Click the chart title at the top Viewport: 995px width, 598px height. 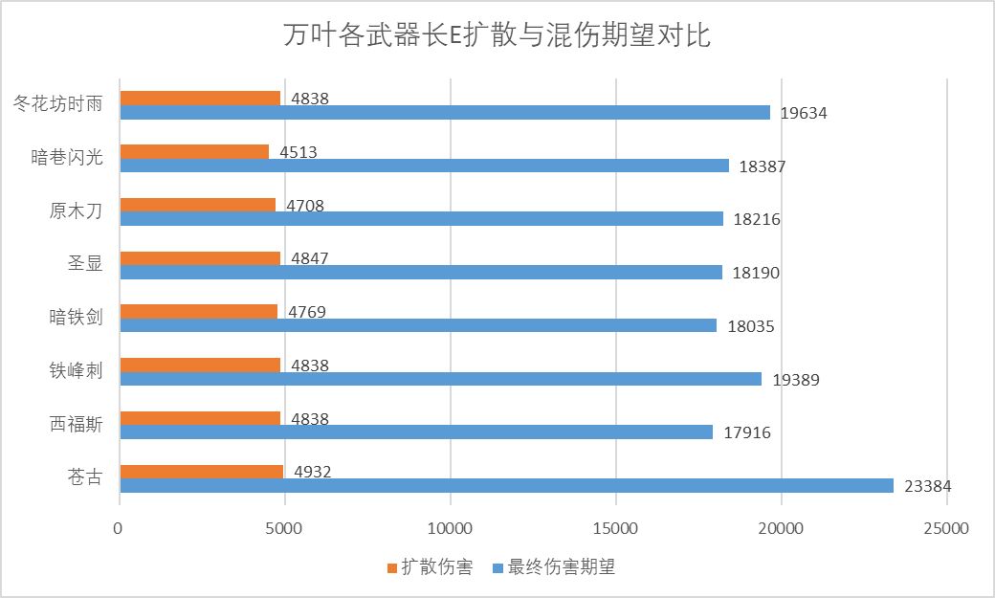click(497, 37)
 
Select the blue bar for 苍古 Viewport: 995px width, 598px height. click(507, 486)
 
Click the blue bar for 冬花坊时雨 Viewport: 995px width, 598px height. click(445, 112)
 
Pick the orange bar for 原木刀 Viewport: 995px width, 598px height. click(198, 205)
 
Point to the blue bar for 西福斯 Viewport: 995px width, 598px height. click(416, 432)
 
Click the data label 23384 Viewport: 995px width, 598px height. click(927, 486)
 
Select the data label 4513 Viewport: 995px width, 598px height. click(298, 152)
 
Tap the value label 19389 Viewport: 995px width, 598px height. click(796, 380)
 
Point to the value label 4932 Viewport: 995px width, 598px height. click(313, 472)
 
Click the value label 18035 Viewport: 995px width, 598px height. click(750, 326)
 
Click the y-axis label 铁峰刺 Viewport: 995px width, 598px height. click(76, 371)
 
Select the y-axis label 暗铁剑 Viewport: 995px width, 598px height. click(76, 318)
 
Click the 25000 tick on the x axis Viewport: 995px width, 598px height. click(946, 528)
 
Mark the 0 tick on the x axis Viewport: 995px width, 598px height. click(119, 528)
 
